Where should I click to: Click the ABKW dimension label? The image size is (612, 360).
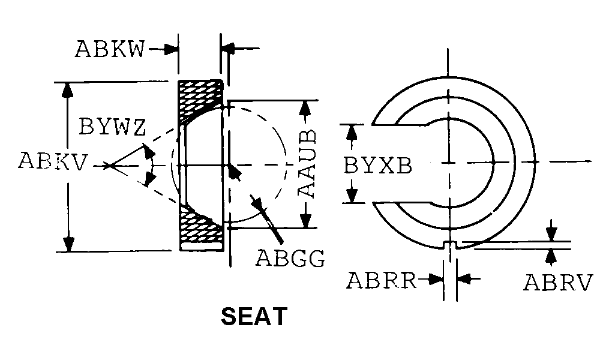[x=109, y=49]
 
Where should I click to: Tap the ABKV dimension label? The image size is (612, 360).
[x=53, y=161]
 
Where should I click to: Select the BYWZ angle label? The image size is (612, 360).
[x=112, y=127]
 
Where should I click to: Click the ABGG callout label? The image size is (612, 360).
[x=290, y=258]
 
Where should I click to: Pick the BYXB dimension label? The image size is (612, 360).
[x=378, y=165]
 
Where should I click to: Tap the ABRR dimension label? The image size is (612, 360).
[x=382, y=280]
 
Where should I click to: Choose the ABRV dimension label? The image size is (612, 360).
[x=558, y=282]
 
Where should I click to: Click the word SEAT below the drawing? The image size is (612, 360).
[x=254, y=316]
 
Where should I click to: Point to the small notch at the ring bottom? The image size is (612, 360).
[x=451, y=245]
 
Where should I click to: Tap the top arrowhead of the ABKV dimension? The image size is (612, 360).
[x=68, y=90]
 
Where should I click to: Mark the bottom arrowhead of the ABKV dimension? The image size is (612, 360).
[x=68, y=244]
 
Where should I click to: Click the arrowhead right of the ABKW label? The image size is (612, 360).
[x=170, y=49]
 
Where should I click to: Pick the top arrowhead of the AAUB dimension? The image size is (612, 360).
[x=305, y=108]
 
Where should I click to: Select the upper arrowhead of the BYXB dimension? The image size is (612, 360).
[x=352, y=133]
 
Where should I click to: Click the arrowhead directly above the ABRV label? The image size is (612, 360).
[x=551, y=234]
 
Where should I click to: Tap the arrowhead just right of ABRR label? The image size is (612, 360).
[x=436, y=279]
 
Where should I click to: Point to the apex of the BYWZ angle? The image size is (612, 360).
[x=109, y=166]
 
